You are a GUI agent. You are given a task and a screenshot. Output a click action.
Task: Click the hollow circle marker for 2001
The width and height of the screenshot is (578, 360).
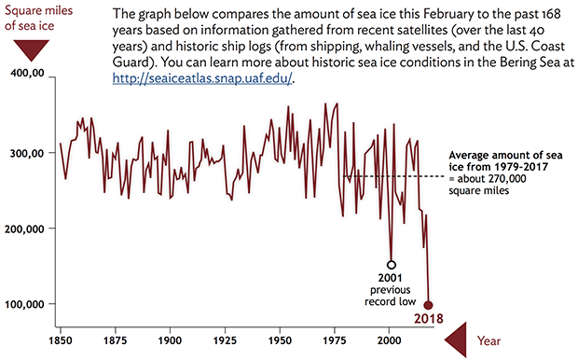pyautogui.click(x=392, y=265)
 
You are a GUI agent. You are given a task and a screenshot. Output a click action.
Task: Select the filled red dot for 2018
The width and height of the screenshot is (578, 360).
pyautogui.click(x=429, y=305)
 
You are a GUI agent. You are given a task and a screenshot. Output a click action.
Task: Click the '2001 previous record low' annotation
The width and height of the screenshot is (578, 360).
pyautogui.click(x=391, y=289)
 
